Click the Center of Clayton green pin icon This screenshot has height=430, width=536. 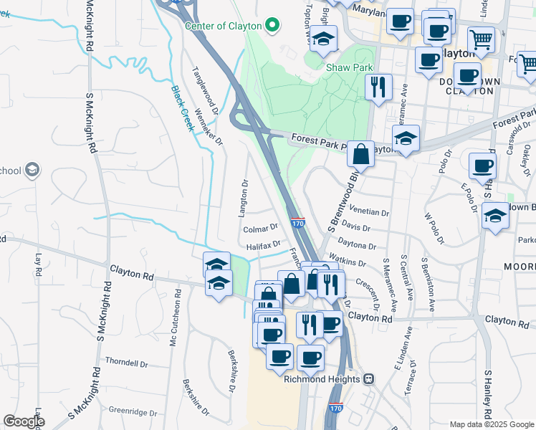(x=272, y=26)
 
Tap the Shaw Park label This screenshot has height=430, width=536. (x=350, y=67)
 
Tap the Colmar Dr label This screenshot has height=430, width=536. (x=260, y=229)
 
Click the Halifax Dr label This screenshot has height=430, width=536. (x=263, y=246)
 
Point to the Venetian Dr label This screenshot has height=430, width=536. (x=369, y=212)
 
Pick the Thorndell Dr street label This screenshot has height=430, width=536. (x=126, y=363)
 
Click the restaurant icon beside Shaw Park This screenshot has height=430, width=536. (x=378, y=87)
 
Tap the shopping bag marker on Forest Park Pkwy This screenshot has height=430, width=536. (x=361, y=153)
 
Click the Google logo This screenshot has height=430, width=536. (x=24, y=421)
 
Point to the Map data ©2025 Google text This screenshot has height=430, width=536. (x=492, y=424)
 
